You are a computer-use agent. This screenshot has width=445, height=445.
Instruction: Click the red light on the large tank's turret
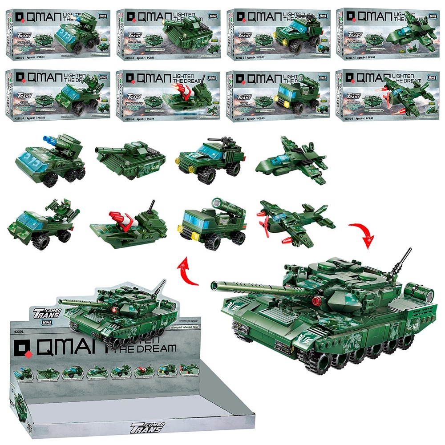317,300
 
